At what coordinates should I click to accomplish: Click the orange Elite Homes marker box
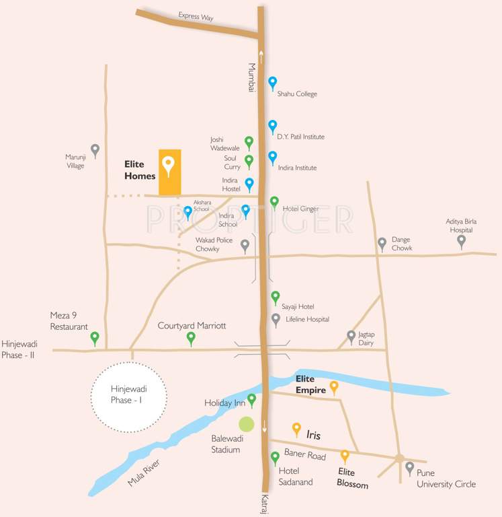point(169,172)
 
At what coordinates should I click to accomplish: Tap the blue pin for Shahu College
point(272,82)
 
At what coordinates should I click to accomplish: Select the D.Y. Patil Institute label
point(300,137)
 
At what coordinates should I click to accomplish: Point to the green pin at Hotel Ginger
point(274,201)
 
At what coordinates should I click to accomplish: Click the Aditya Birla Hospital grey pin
point(461,240)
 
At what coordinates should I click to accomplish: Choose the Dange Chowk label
point(402,244)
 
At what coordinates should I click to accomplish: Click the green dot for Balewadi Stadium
point(247,424)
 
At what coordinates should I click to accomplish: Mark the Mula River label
point(146,473)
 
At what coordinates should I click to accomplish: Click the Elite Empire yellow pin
point(333,386)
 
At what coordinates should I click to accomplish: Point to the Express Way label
point(196,17)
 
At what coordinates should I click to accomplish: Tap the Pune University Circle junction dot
point(399,458)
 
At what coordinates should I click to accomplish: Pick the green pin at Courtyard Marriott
point(191,337)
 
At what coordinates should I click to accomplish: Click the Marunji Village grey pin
point(95,149)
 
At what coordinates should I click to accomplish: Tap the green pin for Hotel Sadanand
point(275,458)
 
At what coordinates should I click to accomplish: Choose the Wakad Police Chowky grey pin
point(245,245)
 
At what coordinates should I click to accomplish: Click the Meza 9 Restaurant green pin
point(95,337)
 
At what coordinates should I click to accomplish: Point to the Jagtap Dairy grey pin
point(351,335)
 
